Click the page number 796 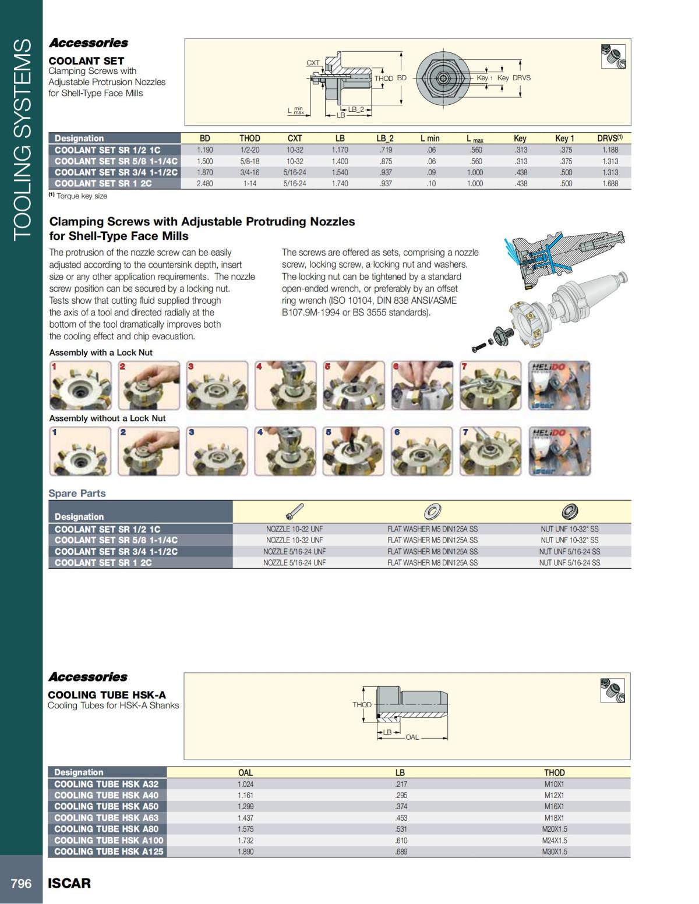[21, 883]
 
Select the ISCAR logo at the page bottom [69, 883]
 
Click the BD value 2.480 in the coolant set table [204, 183]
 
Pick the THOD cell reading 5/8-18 [249, 161]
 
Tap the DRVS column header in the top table [609, 138]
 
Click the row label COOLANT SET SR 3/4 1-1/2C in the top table [116, 172]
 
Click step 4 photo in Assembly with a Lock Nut [285, 385]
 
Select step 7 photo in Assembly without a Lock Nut [490, 451]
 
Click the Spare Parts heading [77, 493]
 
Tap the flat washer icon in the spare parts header [432, 512]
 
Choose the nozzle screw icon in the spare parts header [294, 512]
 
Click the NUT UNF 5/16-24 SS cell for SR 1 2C [569, 562]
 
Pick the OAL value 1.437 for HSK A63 [246, 818]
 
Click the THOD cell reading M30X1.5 [554, 852]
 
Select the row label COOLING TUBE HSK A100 [108, 840]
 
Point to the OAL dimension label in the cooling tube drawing [412, 737]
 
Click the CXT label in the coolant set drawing [313, 62]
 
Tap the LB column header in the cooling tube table [400, 772]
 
